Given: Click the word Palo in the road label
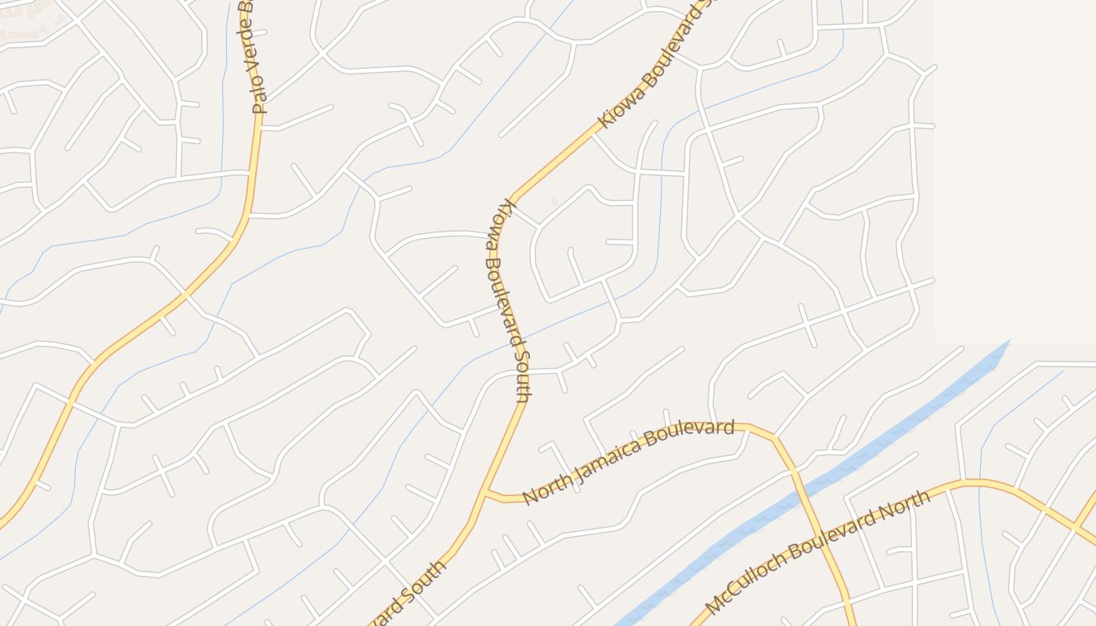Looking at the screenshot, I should coord(259,101).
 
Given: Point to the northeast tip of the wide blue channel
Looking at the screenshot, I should coord(1008,341).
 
